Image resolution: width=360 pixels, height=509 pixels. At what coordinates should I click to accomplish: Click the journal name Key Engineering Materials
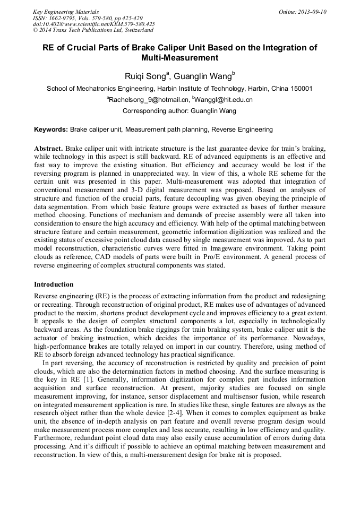pos(66,11)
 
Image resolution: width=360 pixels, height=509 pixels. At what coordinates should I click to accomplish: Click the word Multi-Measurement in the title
pos(180,57)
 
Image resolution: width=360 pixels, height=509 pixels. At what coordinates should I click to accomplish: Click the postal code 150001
pos(299,89)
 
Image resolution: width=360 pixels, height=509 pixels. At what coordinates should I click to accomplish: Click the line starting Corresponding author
pos(179,111)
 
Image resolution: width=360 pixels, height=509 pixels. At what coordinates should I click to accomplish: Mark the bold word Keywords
pos(51,129)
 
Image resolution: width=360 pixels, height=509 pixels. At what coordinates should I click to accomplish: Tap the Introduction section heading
pos(54,284)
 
